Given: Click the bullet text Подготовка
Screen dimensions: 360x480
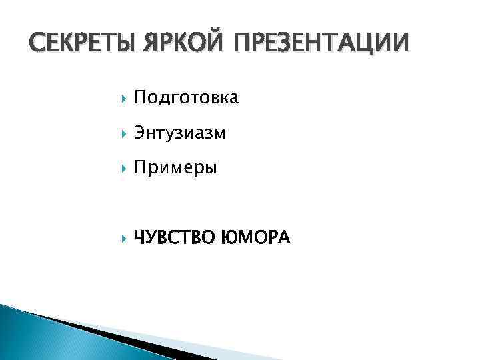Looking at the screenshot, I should [186, 99].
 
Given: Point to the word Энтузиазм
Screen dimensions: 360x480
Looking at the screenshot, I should [180, 133].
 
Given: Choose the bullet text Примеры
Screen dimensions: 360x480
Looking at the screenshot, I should [175, 169].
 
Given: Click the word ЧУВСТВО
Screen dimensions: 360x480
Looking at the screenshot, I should [173, 237].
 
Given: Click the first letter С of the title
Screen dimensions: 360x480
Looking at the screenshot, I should [21, 45].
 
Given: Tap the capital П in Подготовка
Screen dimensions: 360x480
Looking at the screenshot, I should [139, 99].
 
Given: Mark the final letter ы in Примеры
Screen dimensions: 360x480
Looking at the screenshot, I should [211, 169].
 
